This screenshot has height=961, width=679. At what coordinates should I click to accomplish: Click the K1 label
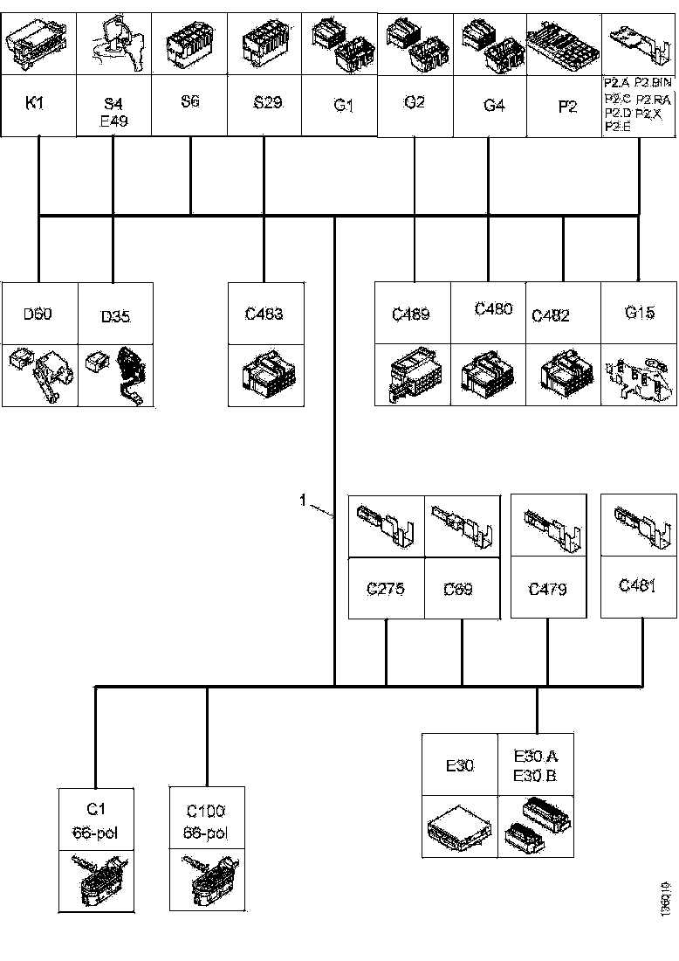[x=36, y=103]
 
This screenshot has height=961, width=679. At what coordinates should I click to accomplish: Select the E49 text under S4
[x=113, y=121]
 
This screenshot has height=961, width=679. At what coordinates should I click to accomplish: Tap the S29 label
[x=267, y=103]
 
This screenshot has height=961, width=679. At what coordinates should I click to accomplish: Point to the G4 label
[x=494, y=106]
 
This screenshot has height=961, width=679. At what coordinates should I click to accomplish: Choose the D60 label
[x=38, y=313]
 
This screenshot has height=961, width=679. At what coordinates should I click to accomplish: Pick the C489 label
[x=411, y=314]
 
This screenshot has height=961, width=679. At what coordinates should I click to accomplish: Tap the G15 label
[x=640, y=312]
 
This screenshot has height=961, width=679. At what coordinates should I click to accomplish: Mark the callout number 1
[x=303, y=500]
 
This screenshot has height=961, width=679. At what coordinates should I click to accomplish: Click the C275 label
[x=385, y=589]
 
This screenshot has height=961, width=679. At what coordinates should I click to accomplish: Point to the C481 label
[x=637, y=585]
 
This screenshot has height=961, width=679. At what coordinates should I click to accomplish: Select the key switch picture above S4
[x=113, y=44]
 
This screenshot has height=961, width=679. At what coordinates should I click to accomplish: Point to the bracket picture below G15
[x=638, y=377]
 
